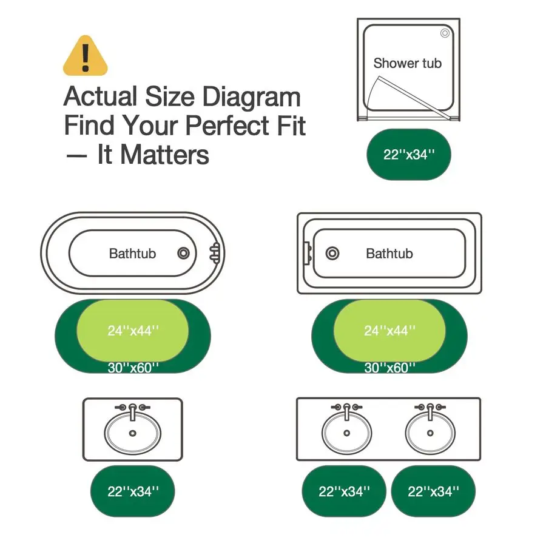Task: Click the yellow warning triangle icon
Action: pos(86,56)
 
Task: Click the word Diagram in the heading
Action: pos(251,96)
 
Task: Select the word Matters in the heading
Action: pos(164,155)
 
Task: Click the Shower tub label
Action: pos(408,63)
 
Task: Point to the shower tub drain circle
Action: pos(445,33)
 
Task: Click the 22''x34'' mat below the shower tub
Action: pos(409,154)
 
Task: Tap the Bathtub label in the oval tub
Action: pos(132,254)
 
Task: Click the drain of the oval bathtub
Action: pos(183,253)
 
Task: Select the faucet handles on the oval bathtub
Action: pos(215,252)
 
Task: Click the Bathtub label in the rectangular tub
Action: pos(389,254)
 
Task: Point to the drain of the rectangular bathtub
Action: pos(332,253)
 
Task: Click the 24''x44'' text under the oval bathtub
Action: pos(133,331)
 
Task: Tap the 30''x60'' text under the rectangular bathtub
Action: pos(389,368)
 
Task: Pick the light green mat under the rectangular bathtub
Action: pos(389,331)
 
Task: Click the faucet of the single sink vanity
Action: pos(133,411)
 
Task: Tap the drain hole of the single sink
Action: pos(132,433)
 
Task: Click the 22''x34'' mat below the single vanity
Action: pos(133,491)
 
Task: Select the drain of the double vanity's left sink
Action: pos(346,433)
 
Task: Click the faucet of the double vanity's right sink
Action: pos(430,411)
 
